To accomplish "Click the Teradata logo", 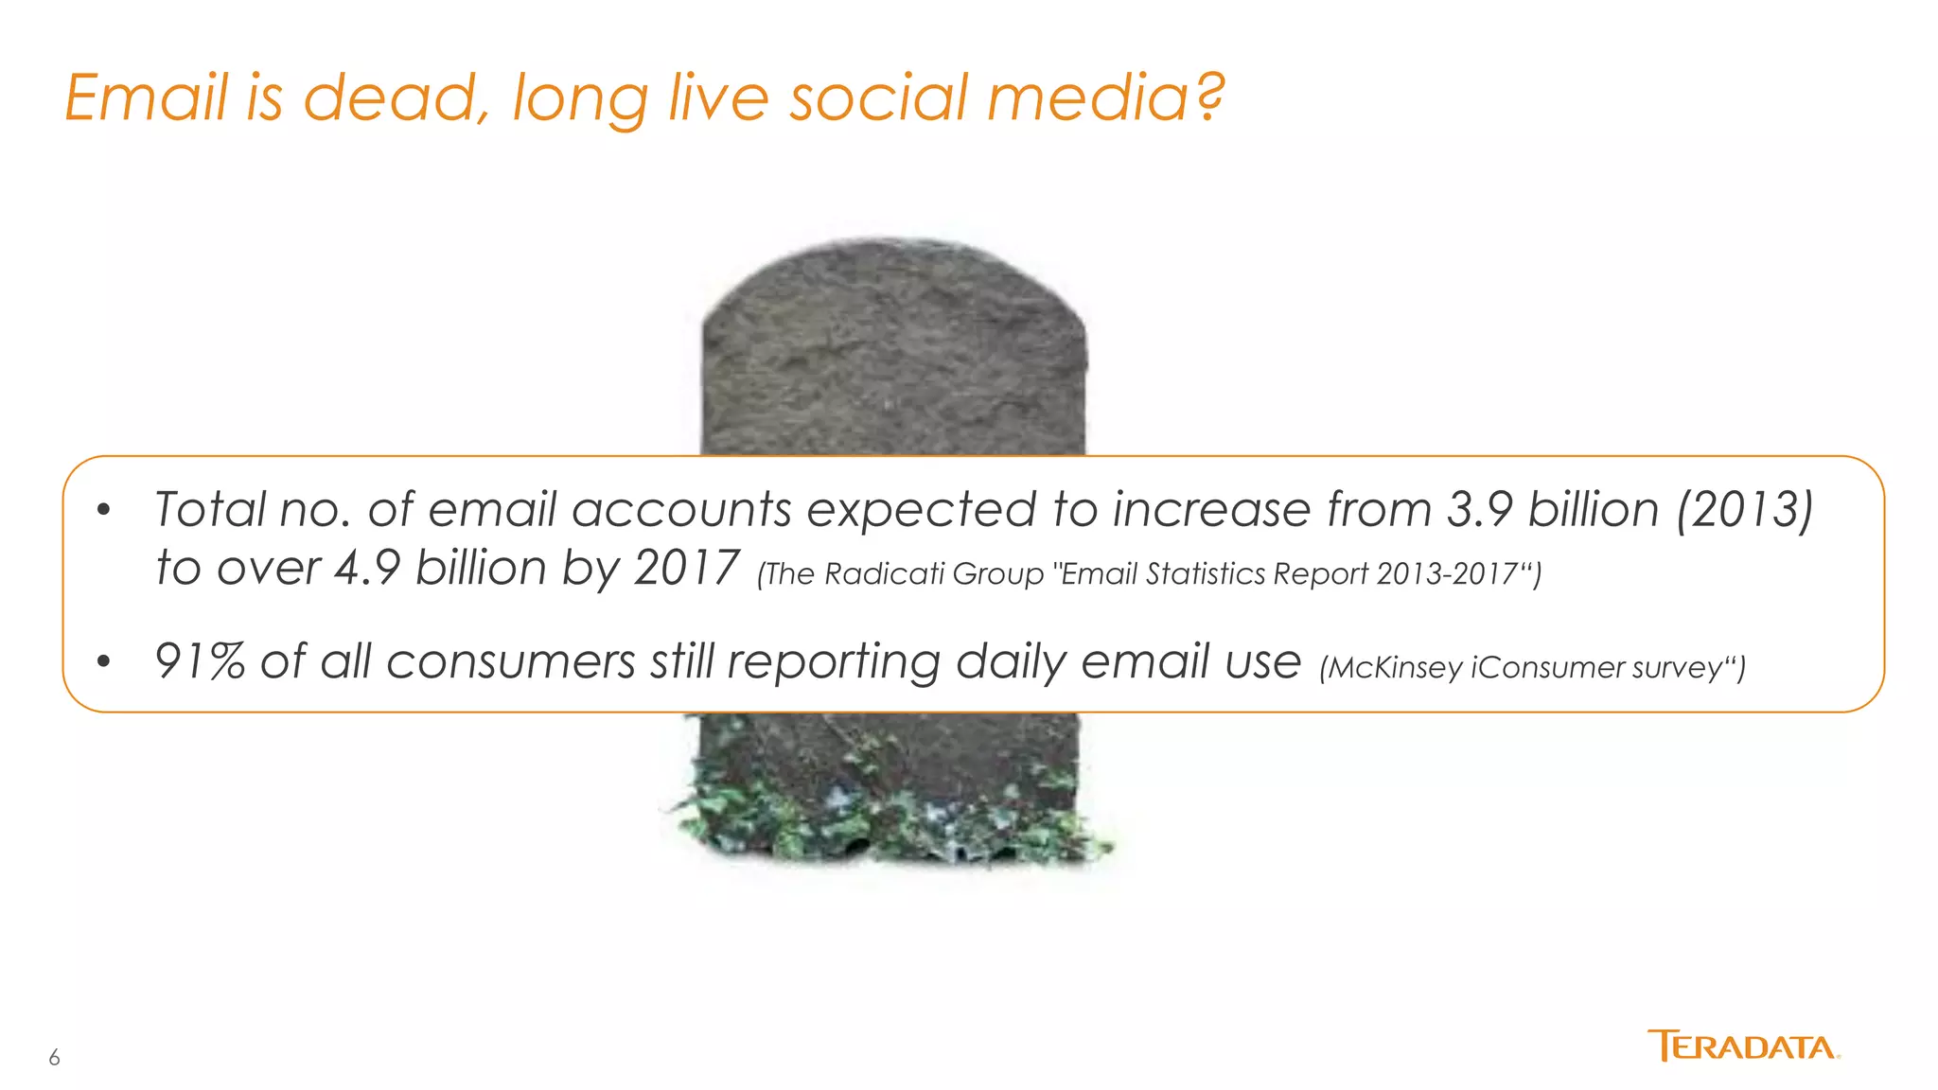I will pyautogui.click(x=1743, y=1046).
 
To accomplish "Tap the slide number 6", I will pyautogui.click(x=54, y=1058).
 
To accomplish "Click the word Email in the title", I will pyautogui.click(x=147, y=97).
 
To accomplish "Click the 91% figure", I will pyautogui.click(x=200, y=660).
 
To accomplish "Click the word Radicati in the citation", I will pyautogui.click(x=885, y=574).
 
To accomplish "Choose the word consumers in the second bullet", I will pyautogui.click(x=510, y=660).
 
